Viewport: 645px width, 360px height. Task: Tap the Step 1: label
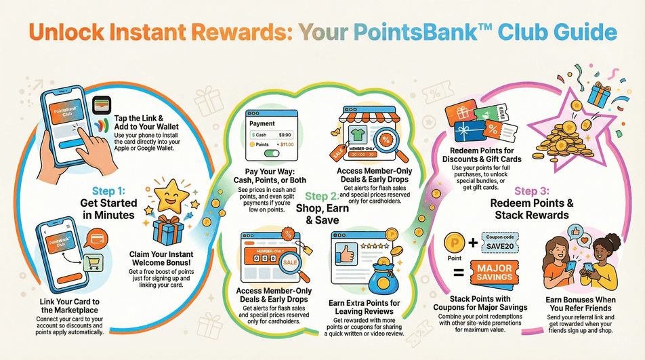(x=108, y=191)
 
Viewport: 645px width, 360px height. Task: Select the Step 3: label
(x=532, y=191)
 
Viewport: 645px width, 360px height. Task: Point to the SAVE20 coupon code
(x=500, y=246)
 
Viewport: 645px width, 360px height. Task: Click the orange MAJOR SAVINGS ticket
(x=495, y=273)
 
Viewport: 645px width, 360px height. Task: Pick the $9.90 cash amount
(x=285, y=134)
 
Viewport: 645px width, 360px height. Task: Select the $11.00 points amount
(x=285, y=144)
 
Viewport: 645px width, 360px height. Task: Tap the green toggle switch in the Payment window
(x=271, y=154)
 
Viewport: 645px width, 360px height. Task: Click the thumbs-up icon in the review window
(x=345, y=254)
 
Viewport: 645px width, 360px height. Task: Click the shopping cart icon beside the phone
(x=93, y=263)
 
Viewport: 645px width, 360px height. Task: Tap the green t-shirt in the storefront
(x=357, y=134)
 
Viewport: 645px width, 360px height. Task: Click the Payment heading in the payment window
(x=262, y=123)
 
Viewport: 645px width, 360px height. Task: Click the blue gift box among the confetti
(x=600, y=95)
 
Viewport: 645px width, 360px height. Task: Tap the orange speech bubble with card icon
(x=98, y=239)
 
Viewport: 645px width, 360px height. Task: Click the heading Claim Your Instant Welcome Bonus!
(x=161, y=258)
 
